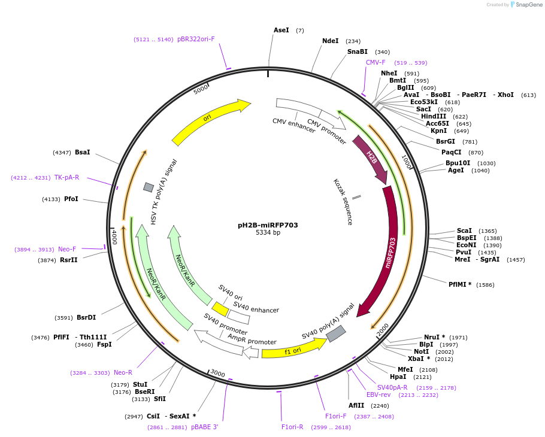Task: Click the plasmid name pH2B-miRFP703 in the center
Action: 268,225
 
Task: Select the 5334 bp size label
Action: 268,233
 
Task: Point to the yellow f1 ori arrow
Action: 293,349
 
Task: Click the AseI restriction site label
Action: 281,30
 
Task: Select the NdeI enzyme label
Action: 330,41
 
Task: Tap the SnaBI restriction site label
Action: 358,52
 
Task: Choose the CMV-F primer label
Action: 376,62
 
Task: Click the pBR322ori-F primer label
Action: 196,40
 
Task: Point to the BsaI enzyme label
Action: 83,153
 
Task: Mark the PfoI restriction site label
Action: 71,199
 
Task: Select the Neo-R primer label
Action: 123,372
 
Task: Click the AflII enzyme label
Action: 356,405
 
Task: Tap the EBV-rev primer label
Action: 379,394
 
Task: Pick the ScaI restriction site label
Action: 464,230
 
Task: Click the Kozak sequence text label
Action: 343,202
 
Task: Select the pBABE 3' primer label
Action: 205,427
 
